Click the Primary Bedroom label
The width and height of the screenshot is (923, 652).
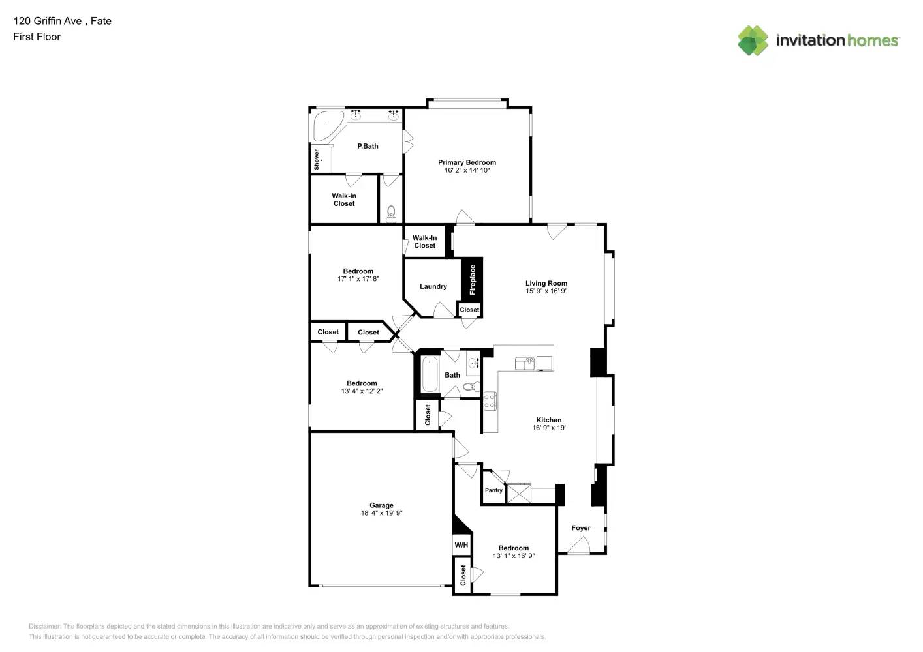[x=467, y=162]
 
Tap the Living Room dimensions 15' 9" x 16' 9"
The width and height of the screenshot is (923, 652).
[x=546, y=291]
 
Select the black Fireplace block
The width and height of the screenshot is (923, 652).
[x=472, y=279]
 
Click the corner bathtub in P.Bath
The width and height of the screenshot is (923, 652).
[x=326, y=125]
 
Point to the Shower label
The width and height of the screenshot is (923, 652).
[x=317, y=160]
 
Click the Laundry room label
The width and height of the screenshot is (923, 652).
[x=433, y=286]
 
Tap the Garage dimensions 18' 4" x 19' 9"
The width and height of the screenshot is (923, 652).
[x=381, y=513]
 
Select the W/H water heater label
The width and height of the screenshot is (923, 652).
[x=461, y=545]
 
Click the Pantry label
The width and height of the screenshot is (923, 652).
[x=493, y=490]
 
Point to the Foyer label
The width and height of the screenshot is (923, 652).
[x=581, y=528]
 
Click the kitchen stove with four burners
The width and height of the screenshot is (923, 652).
[x=490, y=401]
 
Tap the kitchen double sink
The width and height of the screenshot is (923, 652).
[x=525, y=363]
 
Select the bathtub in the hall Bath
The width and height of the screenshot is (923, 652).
[x=429, y=375]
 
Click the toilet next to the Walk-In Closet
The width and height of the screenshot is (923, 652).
[x=391, y=213]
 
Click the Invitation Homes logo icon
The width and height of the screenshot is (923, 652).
[x=753, y=40]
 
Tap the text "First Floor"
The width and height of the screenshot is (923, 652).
[x=37, y=37]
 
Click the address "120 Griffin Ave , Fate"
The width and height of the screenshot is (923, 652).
[x=62, y=21]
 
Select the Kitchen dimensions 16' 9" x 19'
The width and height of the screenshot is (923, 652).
[x=549, y=428]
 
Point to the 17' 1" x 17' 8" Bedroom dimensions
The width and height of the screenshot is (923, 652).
[x=358, y=279]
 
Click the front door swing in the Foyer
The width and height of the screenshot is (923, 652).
[x=578, y=546]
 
